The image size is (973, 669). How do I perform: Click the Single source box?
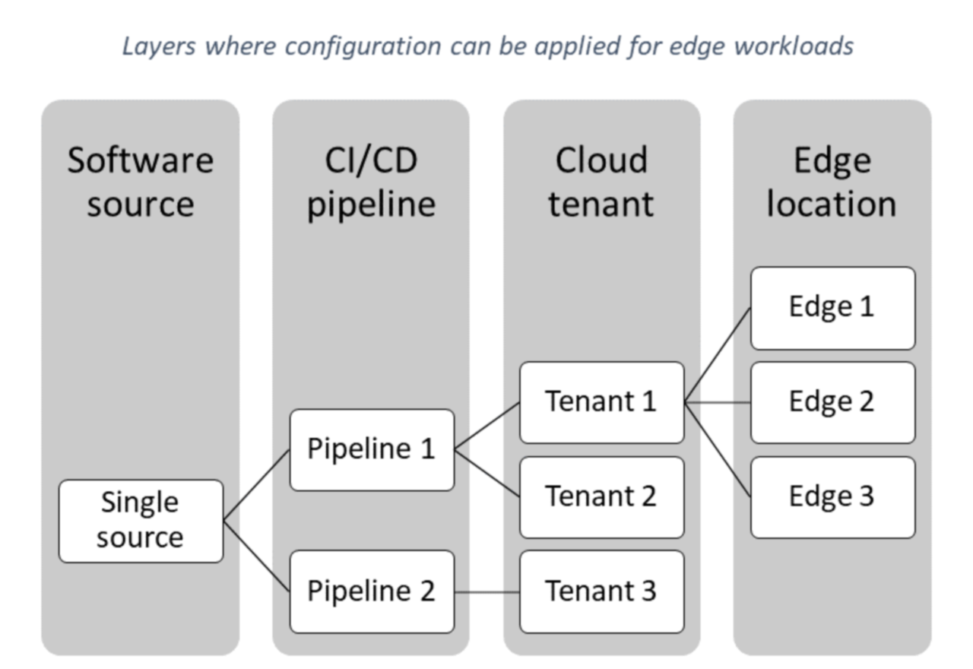pos(141,521)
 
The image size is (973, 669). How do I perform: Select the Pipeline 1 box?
pos(372,449)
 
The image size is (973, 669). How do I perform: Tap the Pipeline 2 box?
pos(372,591)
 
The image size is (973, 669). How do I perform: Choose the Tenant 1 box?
pos(601,402)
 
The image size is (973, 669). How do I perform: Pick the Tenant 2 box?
pos(601,496)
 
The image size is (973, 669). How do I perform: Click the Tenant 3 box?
pos(601,591)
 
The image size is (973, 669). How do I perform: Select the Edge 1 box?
pos(832,307)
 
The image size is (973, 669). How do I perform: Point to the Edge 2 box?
pos(832,402)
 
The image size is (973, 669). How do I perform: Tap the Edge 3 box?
pos(832,496)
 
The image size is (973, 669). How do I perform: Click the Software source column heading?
pos(141,182)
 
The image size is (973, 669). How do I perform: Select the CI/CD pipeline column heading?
pos(372,182)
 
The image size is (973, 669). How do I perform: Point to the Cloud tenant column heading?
pos(601,182)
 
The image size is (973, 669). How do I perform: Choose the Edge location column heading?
pos(832,182)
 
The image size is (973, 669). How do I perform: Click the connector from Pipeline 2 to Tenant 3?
pos(487,591)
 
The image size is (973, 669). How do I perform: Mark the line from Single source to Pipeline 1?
pos(257,485)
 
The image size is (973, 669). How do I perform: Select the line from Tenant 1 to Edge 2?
pos(718,403)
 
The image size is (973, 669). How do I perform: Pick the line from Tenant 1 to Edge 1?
pos(718,355)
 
